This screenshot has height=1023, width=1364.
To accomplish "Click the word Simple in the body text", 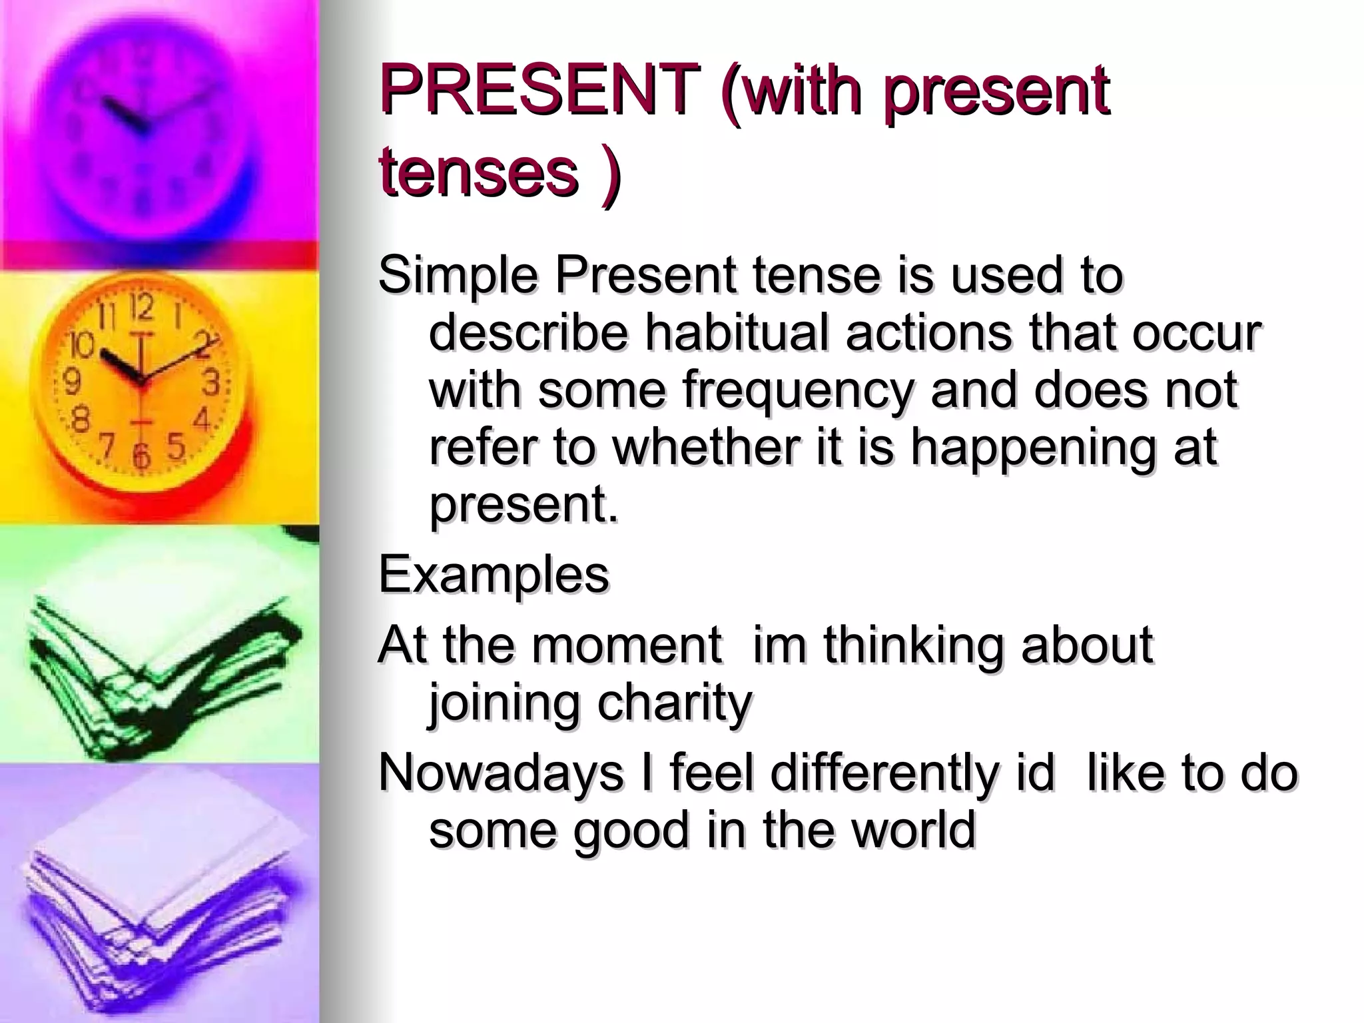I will pos(458,276).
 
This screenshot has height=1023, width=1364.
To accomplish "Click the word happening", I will pos(1033,447).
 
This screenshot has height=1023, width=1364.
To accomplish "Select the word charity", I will pos(675,702).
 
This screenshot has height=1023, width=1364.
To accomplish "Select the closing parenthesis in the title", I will pos(610,174).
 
